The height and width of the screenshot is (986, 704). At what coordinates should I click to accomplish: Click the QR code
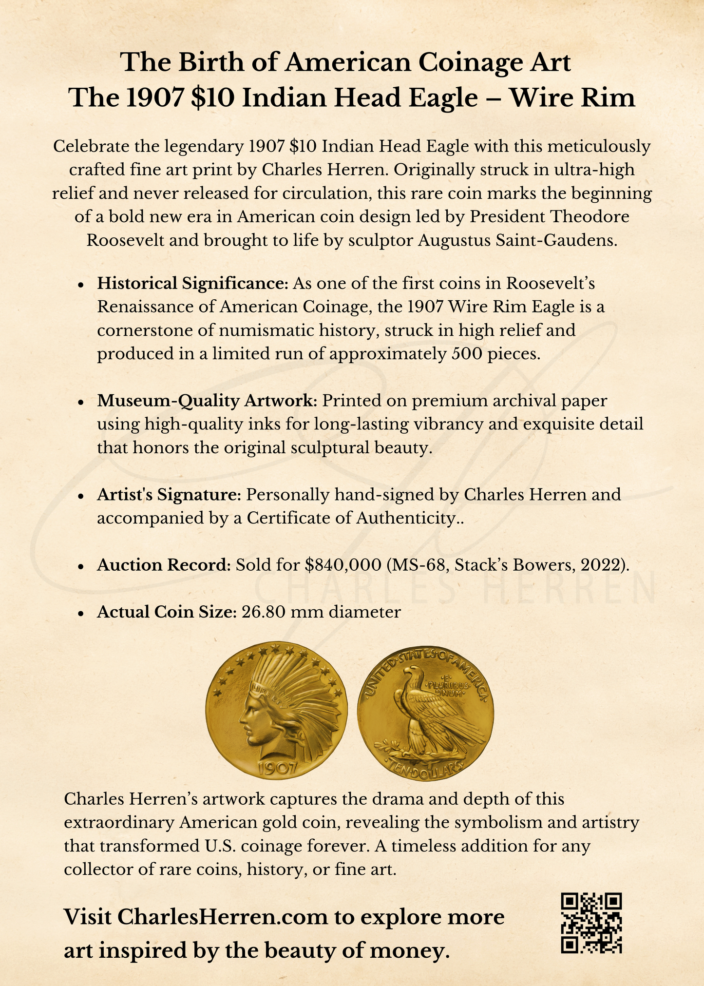coord(591,923)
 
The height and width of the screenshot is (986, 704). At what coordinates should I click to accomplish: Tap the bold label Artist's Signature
coord(169,494)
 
